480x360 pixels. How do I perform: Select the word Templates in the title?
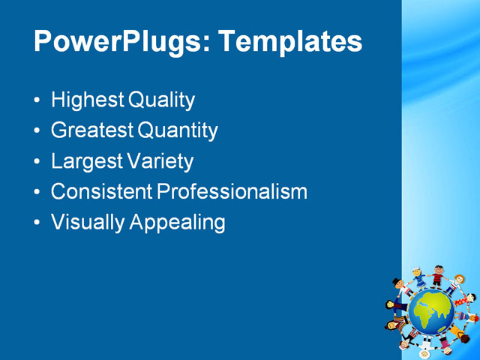tap(289, 41)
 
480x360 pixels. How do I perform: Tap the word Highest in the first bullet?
tap(88, 100)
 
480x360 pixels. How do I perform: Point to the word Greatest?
tap(92, 130)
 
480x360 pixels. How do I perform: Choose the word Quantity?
tap(178, 131)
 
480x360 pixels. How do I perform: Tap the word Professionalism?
tap(232, 192)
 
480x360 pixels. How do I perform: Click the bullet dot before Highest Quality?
tap(38, 100)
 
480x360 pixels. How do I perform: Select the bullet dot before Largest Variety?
tap(38, 162)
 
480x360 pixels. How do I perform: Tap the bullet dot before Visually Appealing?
tap(38, 223)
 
